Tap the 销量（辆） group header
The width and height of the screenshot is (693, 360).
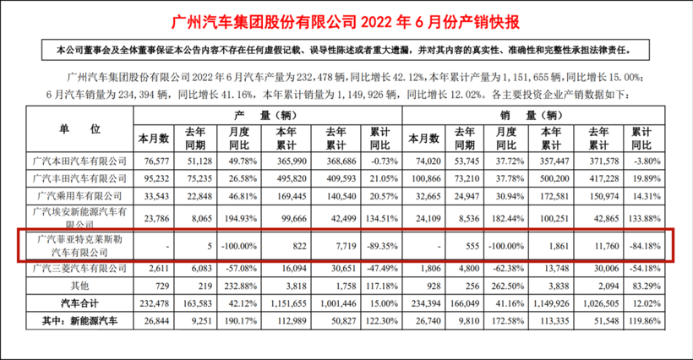[x=533, y=114]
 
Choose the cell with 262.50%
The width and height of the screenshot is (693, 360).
[x=504, y=286]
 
